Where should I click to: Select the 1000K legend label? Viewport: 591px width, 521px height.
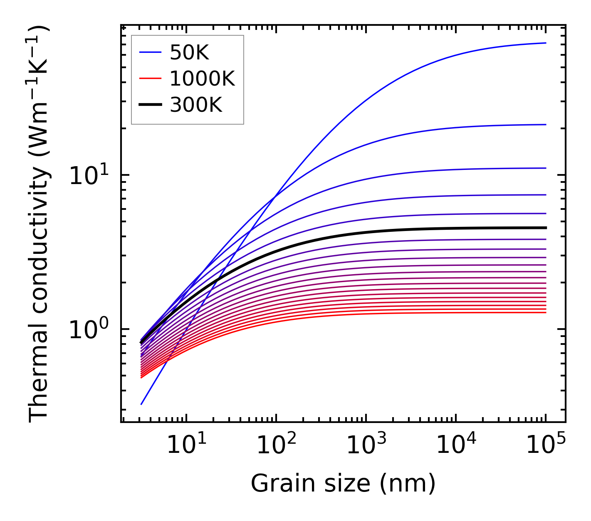202,79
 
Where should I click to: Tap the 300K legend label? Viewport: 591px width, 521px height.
196,105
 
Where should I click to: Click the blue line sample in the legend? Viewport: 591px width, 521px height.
150,52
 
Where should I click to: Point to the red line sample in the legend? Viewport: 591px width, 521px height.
150,79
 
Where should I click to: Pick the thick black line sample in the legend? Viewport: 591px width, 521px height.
150,105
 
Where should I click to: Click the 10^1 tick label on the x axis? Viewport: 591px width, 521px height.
186,445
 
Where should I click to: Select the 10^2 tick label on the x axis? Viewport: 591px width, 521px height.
276,445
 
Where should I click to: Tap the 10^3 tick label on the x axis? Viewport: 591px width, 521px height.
366,445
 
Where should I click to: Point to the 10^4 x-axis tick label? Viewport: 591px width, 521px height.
456,445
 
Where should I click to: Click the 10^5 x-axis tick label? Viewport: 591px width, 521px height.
546,445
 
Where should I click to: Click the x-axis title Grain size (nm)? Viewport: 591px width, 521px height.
343,484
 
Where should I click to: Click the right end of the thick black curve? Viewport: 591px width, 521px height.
545,228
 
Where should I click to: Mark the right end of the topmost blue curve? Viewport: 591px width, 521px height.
545,43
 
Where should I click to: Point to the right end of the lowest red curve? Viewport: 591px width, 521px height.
545,312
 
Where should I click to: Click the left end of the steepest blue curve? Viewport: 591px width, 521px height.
141,404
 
